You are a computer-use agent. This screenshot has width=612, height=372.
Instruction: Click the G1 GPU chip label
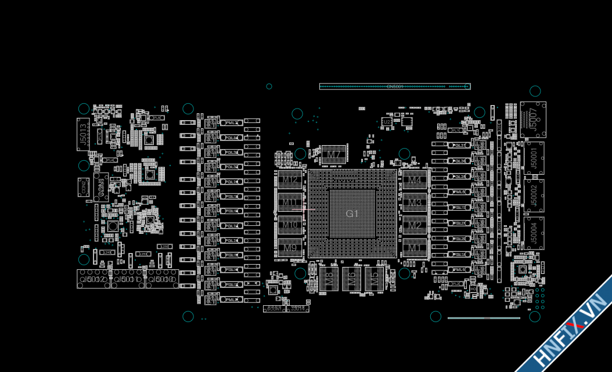click(352, 214)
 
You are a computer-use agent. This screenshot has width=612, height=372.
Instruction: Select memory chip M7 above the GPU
click(333, 154)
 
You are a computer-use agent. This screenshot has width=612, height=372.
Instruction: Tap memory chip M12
click(290, 180)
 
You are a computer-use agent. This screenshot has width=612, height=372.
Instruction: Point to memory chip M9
click(290, 248)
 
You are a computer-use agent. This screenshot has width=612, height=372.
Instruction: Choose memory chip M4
click(415, 180)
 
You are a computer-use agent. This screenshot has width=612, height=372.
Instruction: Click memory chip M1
click(415, 248)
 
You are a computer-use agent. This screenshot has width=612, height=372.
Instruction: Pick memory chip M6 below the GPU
click(351, 279)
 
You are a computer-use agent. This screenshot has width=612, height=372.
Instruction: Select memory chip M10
click(290, 225)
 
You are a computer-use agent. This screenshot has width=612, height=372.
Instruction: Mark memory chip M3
click(415, 203)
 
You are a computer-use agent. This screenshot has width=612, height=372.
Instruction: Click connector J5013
click(83, 134)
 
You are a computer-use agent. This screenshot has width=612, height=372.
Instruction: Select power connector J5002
click(94, 279)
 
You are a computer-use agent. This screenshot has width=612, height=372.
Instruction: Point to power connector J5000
click(162, 279)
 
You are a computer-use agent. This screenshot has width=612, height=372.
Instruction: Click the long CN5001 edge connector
click(395, 86)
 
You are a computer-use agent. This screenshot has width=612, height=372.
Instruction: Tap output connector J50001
click(534, 158)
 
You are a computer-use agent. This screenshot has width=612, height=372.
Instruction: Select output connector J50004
click(534, 233)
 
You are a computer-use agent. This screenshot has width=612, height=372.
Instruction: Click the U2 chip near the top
click(386, 122)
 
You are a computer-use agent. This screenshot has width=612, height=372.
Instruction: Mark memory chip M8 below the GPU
click(329, 279)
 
